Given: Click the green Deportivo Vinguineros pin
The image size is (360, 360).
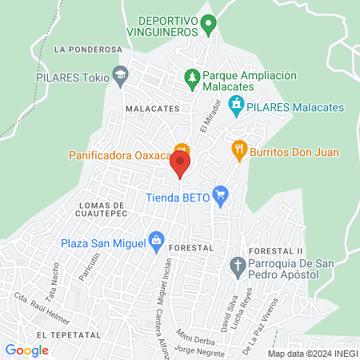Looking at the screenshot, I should [208, 23].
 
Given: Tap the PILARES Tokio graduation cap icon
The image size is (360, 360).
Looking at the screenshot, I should [120, 75].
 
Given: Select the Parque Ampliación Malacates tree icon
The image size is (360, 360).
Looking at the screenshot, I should [191, 77].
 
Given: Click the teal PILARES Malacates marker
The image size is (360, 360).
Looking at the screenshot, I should [236, 104].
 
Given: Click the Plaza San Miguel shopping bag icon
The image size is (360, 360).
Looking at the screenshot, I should [156, 241].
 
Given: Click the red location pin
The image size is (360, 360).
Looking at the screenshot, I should [180, 164].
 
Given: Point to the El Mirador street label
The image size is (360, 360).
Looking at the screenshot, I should [210, 115].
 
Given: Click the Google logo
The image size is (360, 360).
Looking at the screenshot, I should [26, 350].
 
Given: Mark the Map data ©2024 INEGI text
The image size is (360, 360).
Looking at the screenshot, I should [312, 354].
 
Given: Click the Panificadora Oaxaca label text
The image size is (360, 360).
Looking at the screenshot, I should [121, 154].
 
